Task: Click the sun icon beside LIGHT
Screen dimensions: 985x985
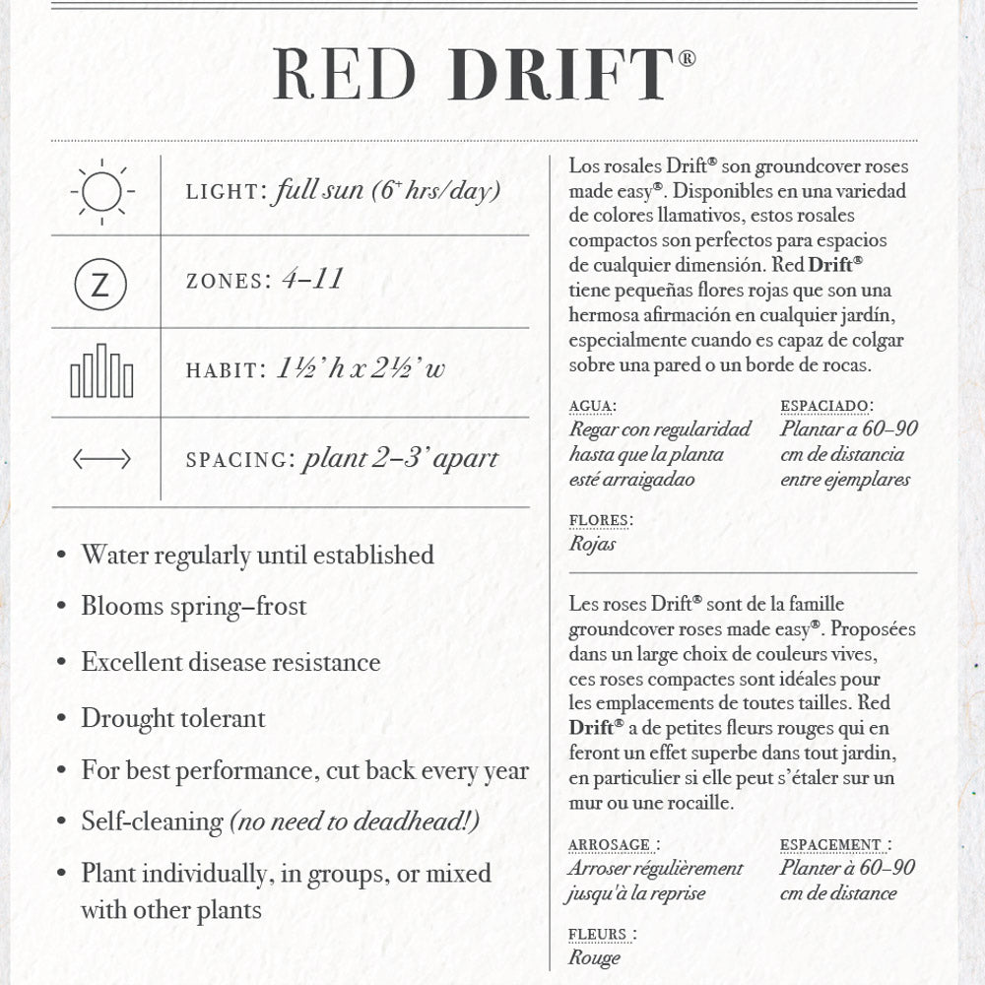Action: (x=101, y=190)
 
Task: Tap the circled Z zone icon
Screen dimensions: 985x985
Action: (x=100, y=285)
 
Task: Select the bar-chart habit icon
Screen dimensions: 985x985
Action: (x=101, y=371)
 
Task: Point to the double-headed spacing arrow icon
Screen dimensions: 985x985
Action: (x=101, y=459)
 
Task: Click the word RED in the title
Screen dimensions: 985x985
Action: (x=345, y=75)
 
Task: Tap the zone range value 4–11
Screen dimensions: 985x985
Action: (x=312, y=280)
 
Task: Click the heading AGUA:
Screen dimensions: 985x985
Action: (x=593, y=406)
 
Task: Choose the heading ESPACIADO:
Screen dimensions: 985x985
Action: (x=826, y=406)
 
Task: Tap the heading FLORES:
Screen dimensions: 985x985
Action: (x=601, y=520)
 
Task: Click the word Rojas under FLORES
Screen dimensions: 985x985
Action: (x=593, y=544)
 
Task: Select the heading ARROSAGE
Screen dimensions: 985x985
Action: (x=611, y=845)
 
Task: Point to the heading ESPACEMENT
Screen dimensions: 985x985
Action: (x=832, y=845)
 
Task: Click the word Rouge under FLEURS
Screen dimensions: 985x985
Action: (x=595, y=956)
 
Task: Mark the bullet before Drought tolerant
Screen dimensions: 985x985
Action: (x=61, y=720)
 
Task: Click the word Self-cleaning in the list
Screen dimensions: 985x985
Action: (x=152, y=821)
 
